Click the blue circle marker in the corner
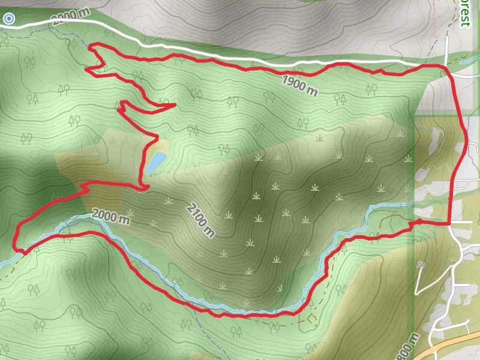[8, 19]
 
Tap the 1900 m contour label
[299, 85]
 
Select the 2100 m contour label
[200, 220]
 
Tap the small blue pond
[157, 161]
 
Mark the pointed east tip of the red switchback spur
[174, 105]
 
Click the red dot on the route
[419, 222]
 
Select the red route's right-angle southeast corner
[449, 223]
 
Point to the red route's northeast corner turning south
[448, 68]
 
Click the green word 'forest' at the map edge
[464, 13]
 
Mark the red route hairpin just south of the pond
[144, 188]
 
